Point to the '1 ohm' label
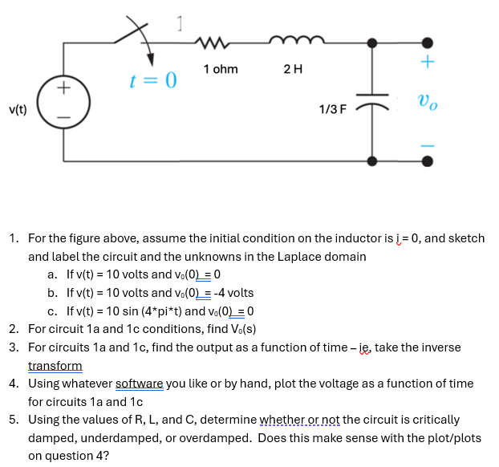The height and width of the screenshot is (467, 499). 221,69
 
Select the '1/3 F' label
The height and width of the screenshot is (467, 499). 332,108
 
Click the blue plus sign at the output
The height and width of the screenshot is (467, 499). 428,62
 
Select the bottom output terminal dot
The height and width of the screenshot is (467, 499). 428,161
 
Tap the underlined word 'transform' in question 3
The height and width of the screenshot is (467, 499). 55,366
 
